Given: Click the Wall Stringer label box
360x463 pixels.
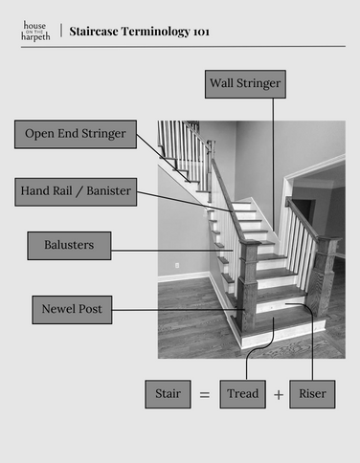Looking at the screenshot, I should (x=245, y=84).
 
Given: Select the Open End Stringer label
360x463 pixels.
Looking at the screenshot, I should (x=76, y=134).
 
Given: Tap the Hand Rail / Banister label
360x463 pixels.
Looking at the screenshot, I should (x=76, y=191).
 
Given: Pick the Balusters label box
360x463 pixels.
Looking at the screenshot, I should (x=69, y=246).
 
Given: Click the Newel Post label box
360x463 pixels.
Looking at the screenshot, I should (x=72, y=310).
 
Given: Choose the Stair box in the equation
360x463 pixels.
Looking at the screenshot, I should (x=168, y=393).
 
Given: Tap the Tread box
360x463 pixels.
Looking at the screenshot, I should (x=242, y=393).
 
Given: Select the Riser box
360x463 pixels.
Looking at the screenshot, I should (x=312, y=393).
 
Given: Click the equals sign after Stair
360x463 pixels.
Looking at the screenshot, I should (x=204, y=393).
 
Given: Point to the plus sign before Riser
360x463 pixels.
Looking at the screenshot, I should (x=279, y=394).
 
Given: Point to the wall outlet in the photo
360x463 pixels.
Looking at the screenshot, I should (x=177, y=263).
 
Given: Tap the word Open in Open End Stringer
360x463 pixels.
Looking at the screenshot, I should (x=40, y=134).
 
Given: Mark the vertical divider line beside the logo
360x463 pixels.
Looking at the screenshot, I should (x=60, y=31).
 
